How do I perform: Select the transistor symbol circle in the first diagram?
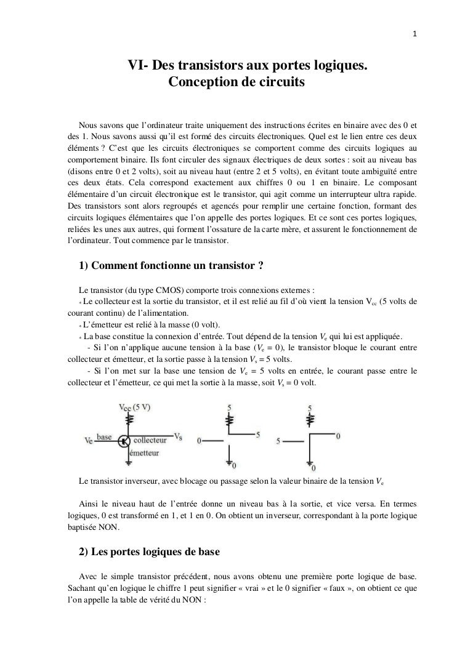[x=125, y=441]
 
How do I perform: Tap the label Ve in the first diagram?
[x=89, y=441]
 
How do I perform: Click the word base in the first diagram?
[x=104, y=437]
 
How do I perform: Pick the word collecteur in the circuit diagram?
[x=151, y=441]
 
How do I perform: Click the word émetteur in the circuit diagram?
[x=144, y=453]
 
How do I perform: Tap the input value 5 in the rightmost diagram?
[x=280, y=441]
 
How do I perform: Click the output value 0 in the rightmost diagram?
[x=338, y=436]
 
